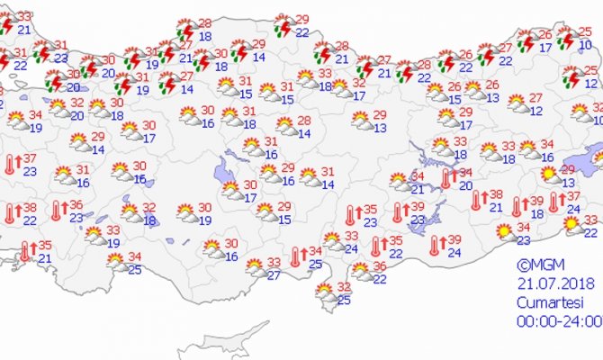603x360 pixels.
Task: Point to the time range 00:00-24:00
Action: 558,320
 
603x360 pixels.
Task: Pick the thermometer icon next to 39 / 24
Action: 437,246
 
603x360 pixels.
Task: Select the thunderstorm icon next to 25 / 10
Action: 564,38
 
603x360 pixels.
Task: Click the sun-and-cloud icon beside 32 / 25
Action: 322,293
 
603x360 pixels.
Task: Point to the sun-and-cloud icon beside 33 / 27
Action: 255,267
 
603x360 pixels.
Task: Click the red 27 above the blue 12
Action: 536,98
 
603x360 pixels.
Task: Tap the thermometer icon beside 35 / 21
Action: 24,251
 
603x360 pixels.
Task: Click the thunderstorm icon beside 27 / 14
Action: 167,84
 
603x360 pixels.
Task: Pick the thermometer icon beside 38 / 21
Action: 475,201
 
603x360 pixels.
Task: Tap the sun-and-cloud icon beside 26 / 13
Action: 473,91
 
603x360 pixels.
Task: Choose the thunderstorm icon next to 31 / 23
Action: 41,51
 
